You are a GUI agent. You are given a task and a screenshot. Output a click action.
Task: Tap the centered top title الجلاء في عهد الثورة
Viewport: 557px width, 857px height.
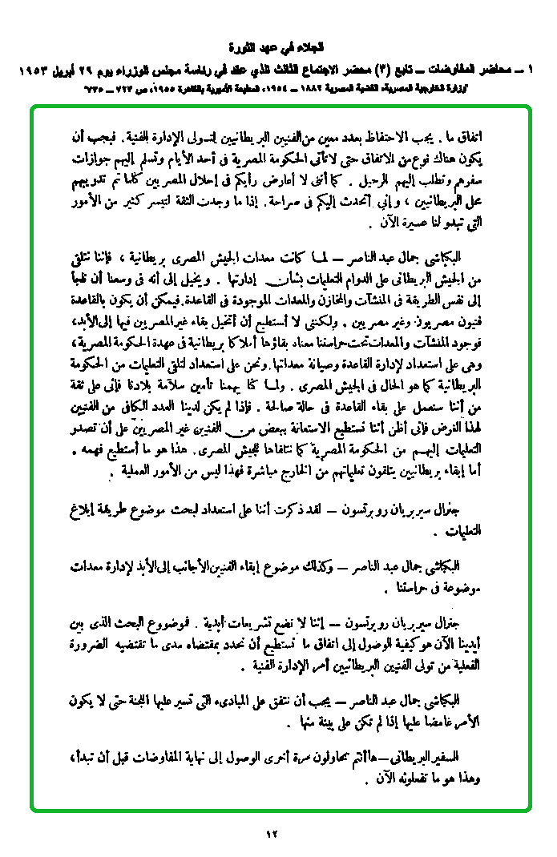(x=278, y=46)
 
